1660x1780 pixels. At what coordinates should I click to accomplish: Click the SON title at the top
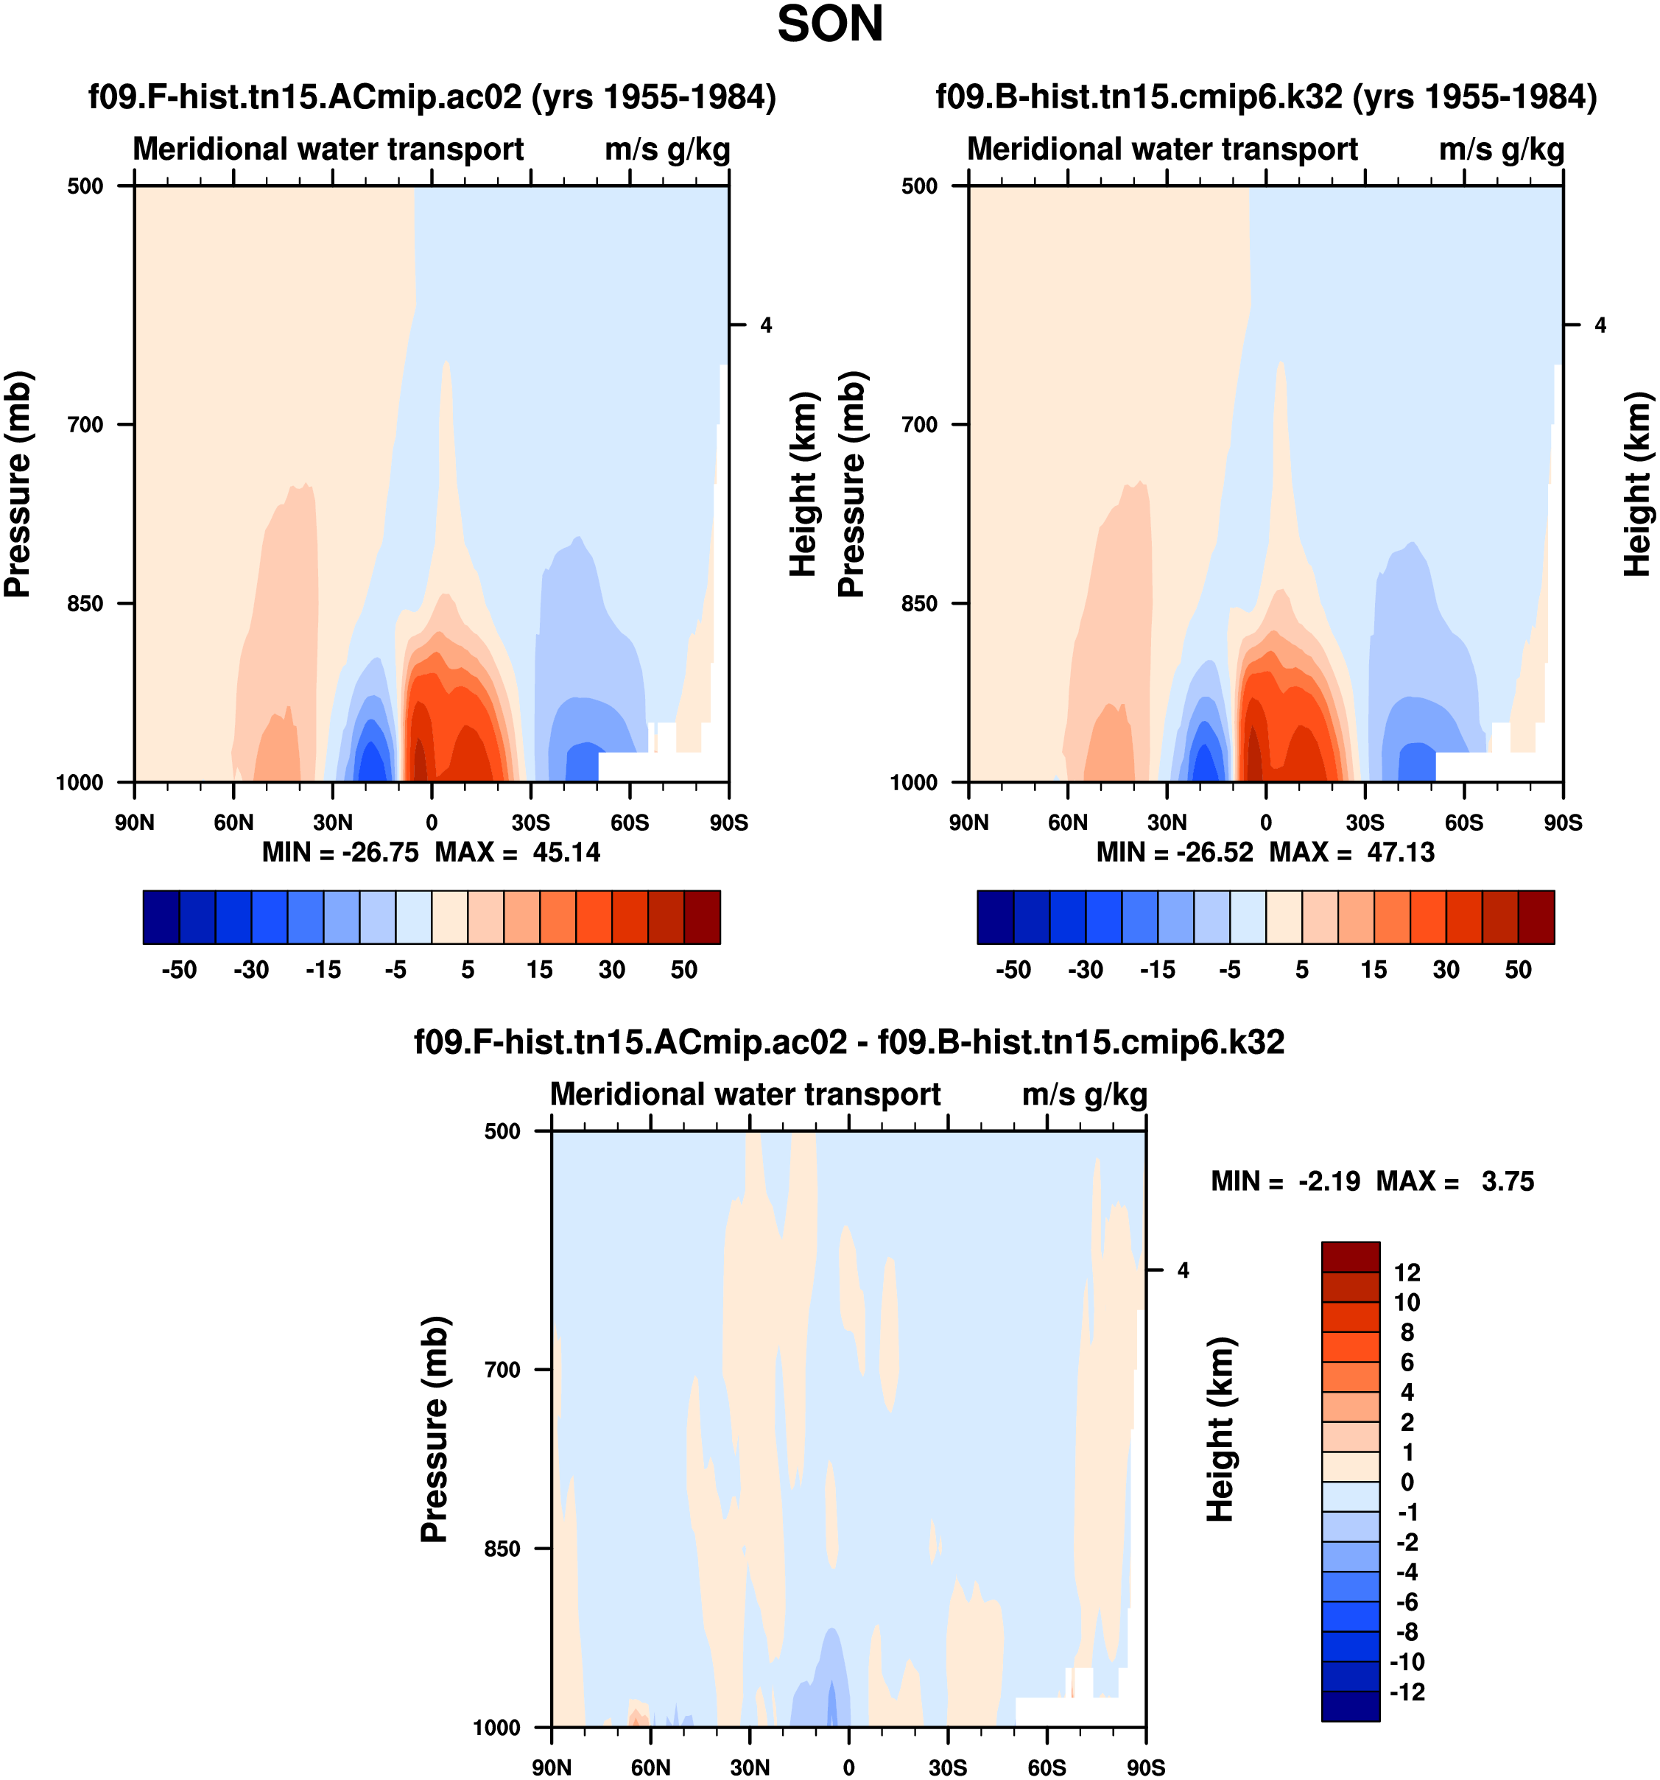point(829,25)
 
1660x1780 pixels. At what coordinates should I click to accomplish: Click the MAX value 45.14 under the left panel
point(566,851)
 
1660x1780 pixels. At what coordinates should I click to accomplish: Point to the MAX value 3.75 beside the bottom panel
point(1508,1181)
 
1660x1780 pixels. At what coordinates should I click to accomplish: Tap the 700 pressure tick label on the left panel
point(86,424)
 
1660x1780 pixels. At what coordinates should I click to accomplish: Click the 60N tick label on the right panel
point(1067,822)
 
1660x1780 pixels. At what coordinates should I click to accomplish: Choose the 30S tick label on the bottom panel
point(947,1767)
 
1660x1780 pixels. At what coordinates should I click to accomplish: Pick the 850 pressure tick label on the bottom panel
point(502,1548)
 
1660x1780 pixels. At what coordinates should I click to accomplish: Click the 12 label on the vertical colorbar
point(1407,1273)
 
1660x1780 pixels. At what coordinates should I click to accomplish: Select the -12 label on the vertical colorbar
point(1407,1692)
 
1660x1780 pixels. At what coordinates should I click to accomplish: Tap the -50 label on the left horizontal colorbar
point(179,970)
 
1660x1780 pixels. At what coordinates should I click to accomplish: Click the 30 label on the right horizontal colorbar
point(1446,970)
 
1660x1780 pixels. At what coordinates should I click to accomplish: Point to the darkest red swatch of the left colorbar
point(702,917)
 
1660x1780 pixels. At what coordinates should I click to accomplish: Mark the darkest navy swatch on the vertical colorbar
point(1350,1706)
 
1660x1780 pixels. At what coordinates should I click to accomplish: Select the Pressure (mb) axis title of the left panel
point(18,484)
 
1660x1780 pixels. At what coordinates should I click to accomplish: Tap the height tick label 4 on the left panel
point(765,325)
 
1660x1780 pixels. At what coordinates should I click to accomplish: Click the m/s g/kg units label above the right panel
point(1502,149)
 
